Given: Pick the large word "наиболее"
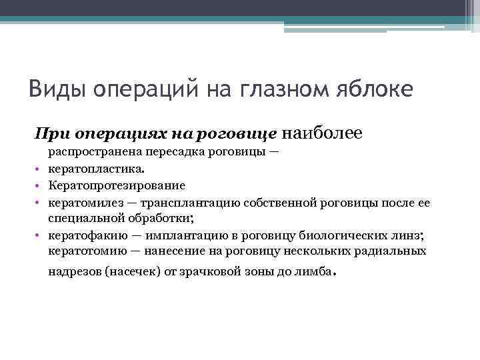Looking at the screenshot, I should point(323,134).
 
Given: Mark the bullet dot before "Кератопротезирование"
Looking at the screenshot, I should point(40,185).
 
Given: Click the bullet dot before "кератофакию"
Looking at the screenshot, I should point(40,235).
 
